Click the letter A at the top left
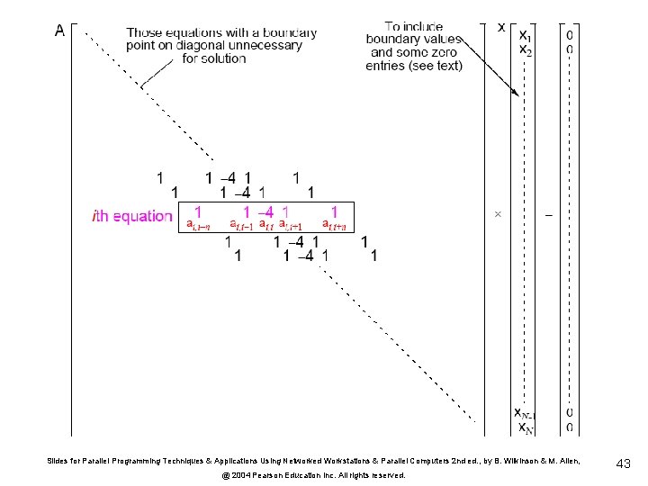[59, 30]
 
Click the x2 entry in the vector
[526, 50]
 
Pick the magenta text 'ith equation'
[132, 216]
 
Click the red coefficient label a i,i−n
[198, 224]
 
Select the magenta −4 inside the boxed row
[265, 211]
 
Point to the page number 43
[623, 463]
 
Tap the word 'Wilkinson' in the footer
[519, 461]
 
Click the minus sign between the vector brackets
[550, 215]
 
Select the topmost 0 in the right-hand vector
[570, 35]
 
